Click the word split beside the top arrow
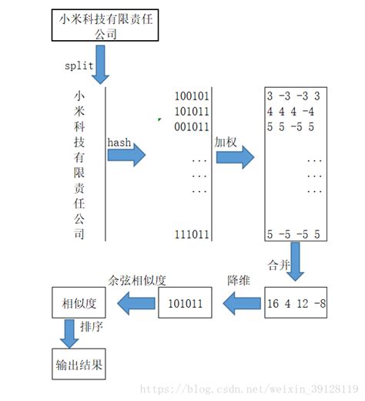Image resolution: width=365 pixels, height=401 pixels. [x=79, y=66]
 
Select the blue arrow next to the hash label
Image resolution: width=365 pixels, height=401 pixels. [x=126, y=157]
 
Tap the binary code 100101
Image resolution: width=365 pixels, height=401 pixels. [x=191, y=96]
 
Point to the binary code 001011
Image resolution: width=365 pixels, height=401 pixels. [x=191, y=125]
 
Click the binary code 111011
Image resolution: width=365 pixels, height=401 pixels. [x=191, y=234]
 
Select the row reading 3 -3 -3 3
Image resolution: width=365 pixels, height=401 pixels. [x=293, y=96]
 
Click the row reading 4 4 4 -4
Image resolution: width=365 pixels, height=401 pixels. [x=292, y=111]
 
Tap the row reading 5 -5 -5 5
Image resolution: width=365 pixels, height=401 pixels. [x=293, y=234]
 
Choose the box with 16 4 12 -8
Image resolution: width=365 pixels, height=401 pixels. [x=296, y=304]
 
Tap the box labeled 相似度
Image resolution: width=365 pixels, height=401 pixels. [x=77, y=304]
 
